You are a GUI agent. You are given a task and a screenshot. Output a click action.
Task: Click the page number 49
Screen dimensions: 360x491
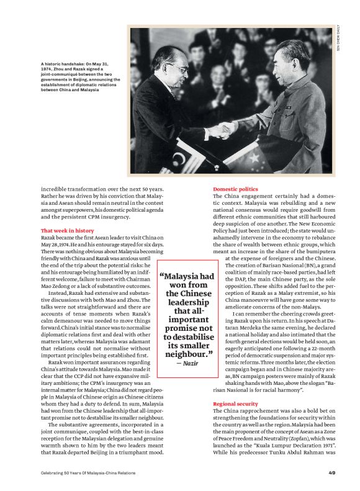point(332,474)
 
